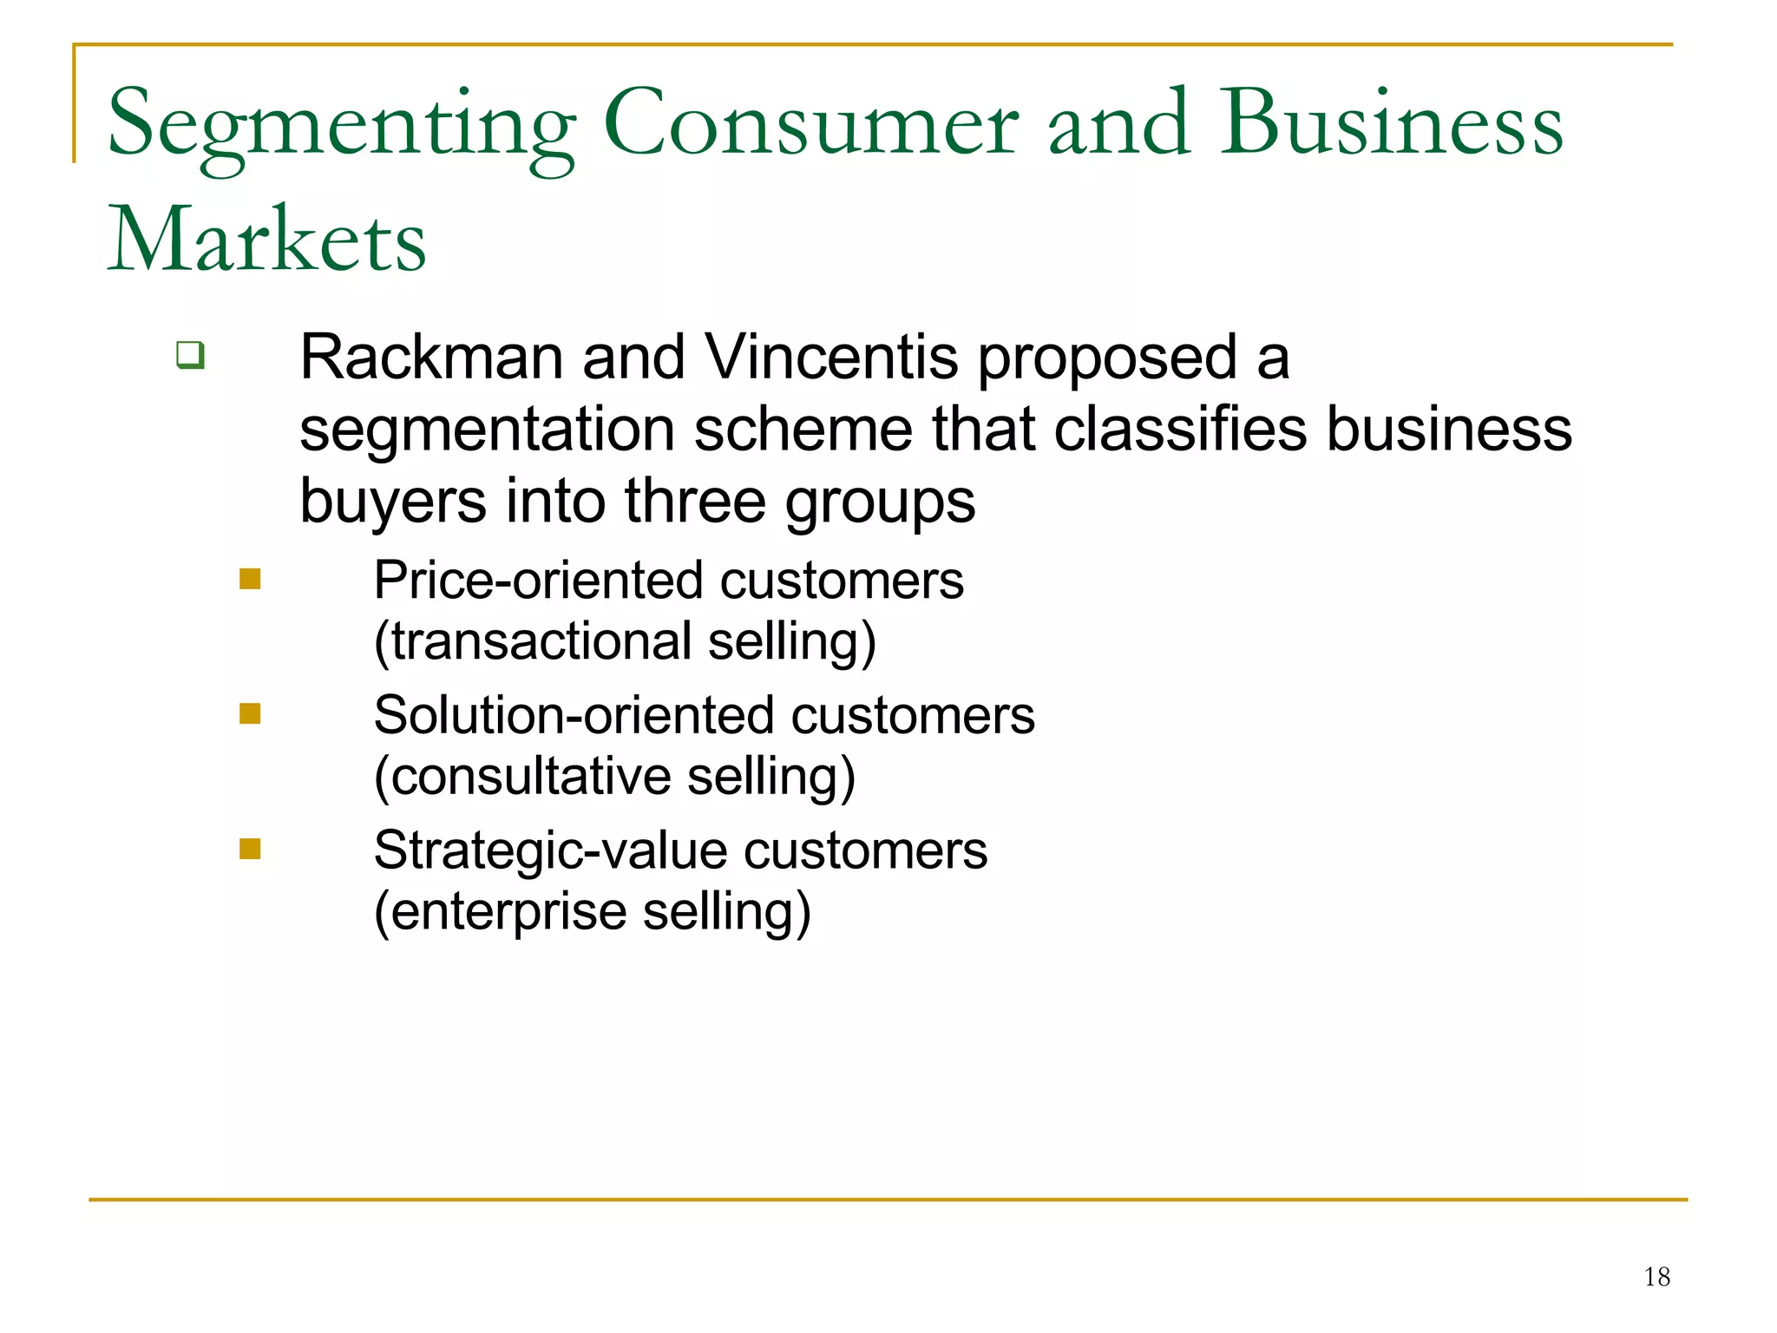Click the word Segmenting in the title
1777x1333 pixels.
pos(341,127)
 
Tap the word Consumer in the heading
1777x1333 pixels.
pos(810,125)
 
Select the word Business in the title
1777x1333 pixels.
pos(1392,125)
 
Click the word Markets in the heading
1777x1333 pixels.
pos(266,240)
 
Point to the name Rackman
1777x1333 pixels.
pos(431,358)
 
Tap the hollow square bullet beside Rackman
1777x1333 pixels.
pos(190,355)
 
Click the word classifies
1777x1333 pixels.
pos(1180,430)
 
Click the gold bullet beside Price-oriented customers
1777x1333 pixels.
pos(250,579)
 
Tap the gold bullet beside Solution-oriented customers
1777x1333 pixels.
pos(250,713)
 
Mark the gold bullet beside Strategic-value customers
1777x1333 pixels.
pos(250,848)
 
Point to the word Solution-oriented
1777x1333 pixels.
pos(574,716)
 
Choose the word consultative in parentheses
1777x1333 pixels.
pos(530,777)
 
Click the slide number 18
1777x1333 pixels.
pos(1656,1277)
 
